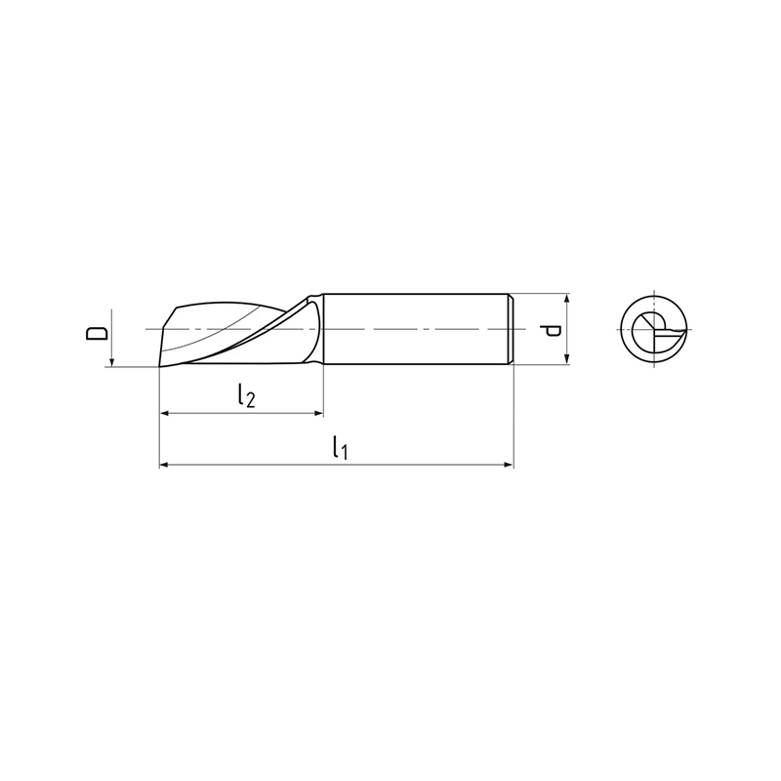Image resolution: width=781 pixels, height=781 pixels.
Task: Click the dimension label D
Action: [x=96, y=333]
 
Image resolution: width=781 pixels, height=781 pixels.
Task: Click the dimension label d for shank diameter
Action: [x=552, y=330]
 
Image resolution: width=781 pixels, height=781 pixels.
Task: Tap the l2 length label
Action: [x=246, y=396]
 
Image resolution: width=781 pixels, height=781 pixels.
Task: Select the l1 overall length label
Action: [x=340, y=447]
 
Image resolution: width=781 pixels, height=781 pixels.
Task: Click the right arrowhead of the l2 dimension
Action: [x=319, y=413]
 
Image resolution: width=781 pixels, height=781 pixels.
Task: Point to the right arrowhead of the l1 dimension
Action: [x=508, y=465]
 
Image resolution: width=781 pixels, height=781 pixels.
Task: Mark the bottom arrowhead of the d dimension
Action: [x=567, y=359]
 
